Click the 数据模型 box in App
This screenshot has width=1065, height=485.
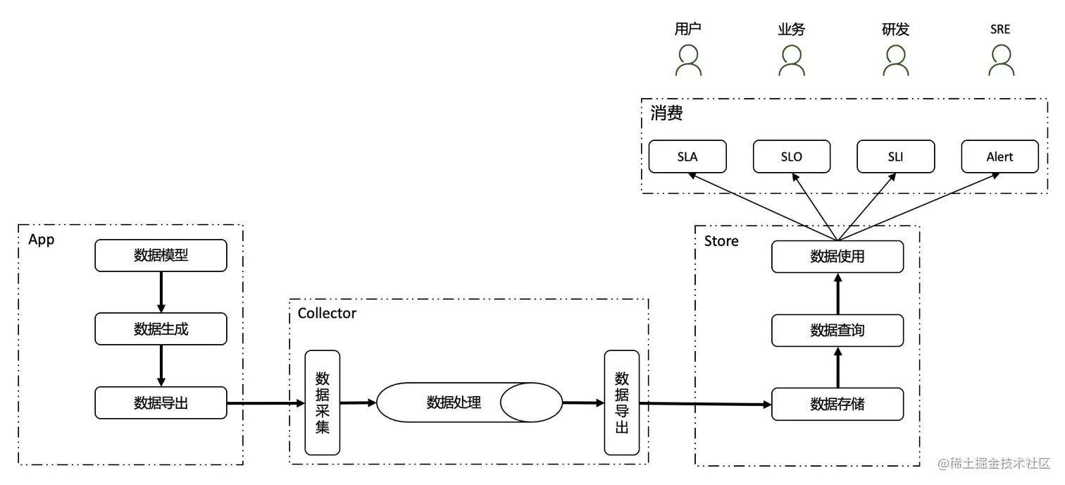[x=161, y=255]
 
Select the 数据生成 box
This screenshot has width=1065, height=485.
[x=161, y=329]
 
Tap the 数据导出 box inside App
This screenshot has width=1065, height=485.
[x=161, y=403]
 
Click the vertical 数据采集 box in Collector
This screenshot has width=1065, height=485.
[x=323, y=403]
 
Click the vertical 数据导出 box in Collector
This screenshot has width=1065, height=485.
[x=622, y=403]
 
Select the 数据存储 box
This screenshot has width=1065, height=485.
[x=837, y=404]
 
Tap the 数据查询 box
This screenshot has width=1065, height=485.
[x=837, y=330]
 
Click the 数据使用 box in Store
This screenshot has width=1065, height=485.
[x=837, y=257]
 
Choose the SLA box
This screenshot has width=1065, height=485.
[x=687, y=156]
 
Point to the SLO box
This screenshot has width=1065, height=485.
[x=792, y=156]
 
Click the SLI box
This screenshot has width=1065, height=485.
[x=895, y=156]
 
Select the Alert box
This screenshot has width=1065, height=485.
[x=999, y=156]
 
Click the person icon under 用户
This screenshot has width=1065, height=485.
[x=688, y=61]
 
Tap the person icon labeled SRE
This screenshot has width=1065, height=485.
[x=1000, y=61]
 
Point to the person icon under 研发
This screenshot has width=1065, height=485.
[x=896, y=61]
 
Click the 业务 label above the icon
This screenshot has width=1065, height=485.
[x=792, y=30]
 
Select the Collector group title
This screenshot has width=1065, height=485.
[x=327, y=313]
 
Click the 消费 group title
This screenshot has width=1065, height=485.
[x=666, y=113]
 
